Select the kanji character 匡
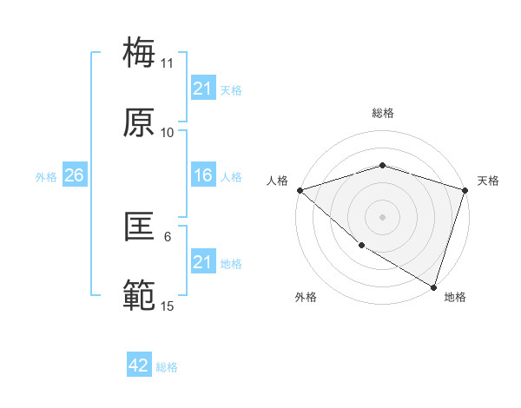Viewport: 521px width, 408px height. pyautogui.click(x=140, y=227)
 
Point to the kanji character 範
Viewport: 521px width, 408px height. pyautogui.click(x=140, y=296)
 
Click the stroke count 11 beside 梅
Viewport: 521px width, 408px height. pyautogui.click(x=168, y=63)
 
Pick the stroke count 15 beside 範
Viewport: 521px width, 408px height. pyautogui.click(x=168, y=306)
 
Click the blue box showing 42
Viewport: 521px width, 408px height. pyautogui.click(x=139, y=366)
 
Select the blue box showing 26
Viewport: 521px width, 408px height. pyautogui.click(x=74, y=176)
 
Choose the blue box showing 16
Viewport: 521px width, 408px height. pyautogui.click(x=202, y=176)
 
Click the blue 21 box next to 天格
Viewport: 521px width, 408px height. pyautogui.click(x=202, y=89)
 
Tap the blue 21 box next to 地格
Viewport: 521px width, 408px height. pyautogui.click(x=202, y=262)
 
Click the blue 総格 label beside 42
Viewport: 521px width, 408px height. pyautogui.click(x=167, y=367)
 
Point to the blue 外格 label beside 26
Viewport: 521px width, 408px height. pyautogui.click(x=46, y=177)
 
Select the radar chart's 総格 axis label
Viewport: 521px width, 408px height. pyautogui.click(x=382, y=113)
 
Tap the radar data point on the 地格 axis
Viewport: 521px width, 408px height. pyautogui.click(x=433, y=286)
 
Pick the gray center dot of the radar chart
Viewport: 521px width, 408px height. pyautogui.click(x=382, y=216)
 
